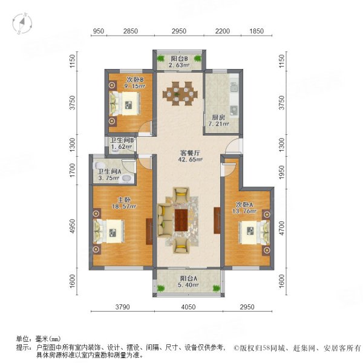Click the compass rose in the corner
[22, 23]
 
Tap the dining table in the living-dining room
[180, 94]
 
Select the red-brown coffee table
[181, 220]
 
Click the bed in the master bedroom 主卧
[109, 231]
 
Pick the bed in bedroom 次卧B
[125, 103]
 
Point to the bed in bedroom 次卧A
[255, 232]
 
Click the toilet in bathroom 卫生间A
[99, 165]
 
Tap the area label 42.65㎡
[191, 160]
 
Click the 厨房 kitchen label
[218, 117]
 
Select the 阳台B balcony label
[180, 59]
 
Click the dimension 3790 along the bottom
[123, 307]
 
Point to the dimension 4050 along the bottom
[188, 307]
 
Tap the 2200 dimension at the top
[223, 31]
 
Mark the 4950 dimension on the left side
[73, 226]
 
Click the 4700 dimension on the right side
[281, 229]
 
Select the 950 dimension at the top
[99, 31]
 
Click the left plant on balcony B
[160, 58]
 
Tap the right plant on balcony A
[217, 288]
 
